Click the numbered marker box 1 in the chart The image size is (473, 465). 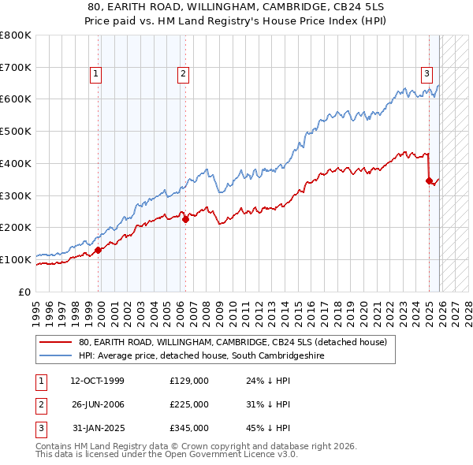95,75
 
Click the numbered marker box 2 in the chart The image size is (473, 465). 182,75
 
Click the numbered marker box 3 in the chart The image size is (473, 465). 426,75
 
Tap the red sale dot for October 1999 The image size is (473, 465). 99,251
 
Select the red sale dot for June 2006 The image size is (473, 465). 185,220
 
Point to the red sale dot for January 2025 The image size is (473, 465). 429,180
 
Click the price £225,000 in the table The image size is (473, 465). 189,404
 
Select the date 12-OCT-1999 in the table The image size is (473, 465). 98,381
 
